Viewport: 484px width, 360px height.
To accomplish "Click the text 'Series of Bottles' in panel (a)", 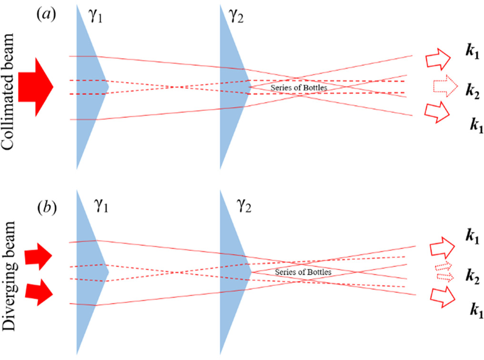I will tap(299, 88).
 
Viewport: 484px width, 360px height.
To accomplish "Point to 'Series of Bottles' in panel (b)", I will tap(303, 271).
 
